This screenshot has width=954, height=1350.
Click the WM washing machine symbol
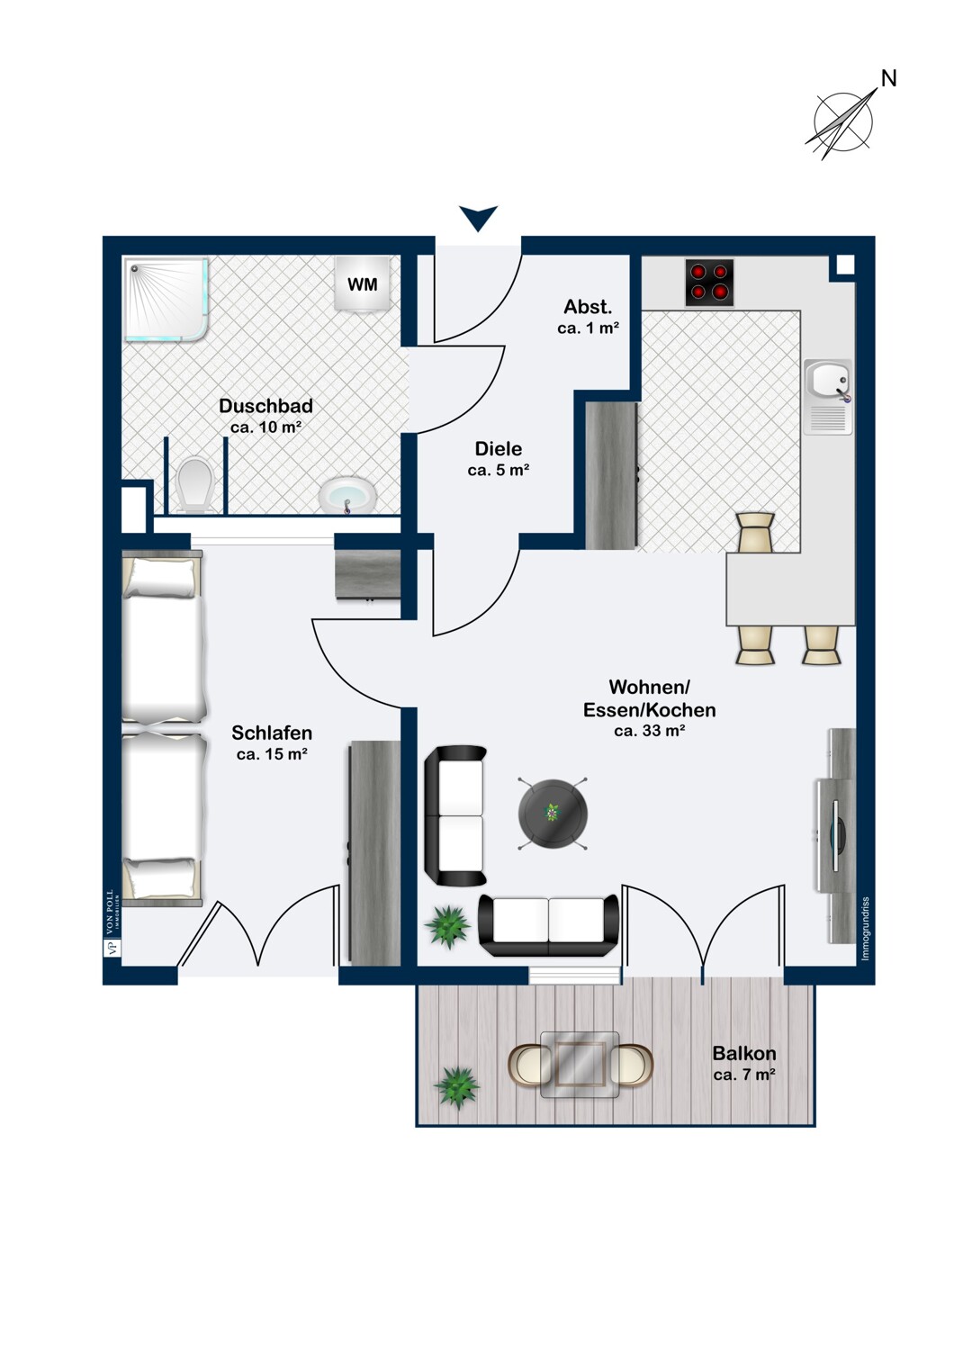[363, 284]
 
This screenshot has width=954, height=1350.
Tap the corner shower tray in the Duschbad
[167, 301]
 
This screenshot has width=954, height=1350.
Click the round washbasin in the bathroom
[347, 495]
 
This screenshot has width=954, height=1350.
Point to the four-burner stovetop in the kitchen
[709, 283]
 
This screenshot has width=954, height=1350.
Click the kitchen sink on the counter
[828, 382]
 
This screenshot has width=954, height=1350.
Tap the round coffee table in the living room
[553, 814]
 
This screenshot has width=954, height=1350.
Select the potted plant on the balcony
[456, 1087]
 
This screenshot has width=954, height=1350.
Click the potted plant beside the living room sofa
[448, 926]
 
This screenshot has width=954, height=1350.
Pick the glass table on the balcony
[580, 1064]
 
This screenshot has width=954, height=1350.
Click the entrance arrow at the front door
[478, 218]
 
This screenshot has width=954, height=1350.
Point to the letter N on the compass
[888, 79]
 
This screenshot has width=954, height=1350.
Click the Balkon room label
[743, 1053]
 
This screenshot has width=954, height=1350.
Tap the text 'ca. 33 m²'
[649, 731]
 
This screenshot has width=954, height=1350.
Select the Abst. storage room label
[588, 307]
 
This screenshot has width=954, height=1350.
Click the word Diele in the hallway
[498, 448]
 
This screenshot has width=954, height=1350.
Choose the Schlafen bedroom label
[272, 733]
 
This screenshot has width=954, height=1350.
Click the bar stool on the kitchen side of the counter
[754, 532]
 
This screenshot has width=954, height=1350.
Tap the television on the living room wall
[834, 836]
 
